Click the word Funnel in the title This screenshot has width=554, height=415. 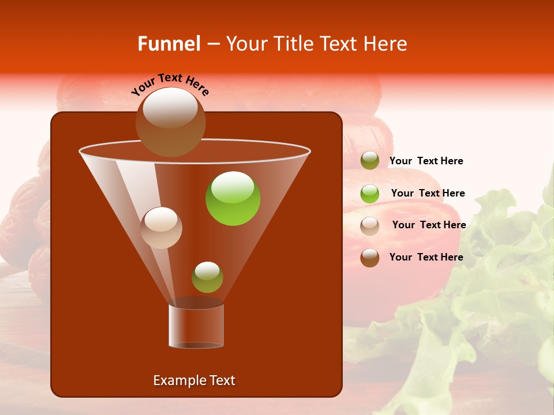(x=169, y=44)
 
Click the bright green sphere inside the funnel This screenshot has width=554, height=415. (x=233, y=198)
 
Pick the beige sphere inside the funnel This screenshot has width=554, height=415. (x=161, y=227)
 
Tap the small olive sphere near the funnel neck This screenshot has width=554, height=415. (x=207, y=277)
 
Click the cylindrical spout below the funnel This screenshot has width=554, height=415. (x=196, y=326)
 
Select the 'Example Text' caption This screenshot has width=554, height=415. (x=194, y=380)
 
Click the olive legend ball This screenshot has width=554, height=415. (x=370, y=161)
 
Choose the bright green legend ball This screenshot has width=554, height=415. (x=370, y=193)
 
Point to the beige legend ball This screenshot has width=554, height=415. (x=370, y=225)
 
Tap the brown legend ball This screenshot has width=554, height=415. (x=370, y=258)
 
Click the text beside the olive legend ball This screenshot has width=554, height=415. (x=426, y=161)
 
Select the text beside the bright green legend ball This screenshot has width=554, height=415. (x=428, y=194)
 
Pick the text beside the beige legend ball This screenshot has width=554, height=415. (x=429, y=225)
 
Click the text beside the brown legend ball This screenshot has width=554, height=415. (x=426, y=257)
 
